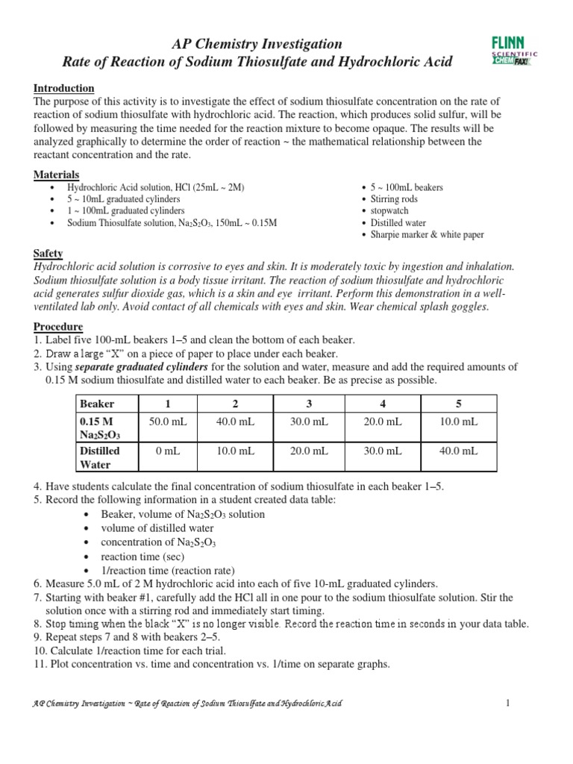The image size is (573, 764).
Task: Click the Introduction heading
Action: [64, 88]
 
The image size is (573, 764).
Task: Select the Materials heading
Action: [57, 175]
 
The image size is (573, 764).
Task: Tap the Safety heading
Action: [48, 254]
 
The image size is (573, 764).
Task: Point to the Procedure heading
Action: [58, 327]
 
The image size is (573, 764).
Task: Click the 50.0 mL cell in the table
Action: [168, 422]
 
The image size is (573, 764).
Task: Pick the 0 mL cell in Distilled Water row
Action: [168, 451]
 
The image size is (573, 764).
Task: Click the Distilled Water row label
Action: [100, 457]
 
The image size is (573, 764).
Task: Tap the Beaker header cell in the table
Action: [97, 404]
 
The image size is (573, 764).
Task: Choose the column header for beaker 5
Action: [459, 404]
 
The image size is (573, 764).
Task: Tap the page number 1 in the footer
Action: [506, 703]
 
